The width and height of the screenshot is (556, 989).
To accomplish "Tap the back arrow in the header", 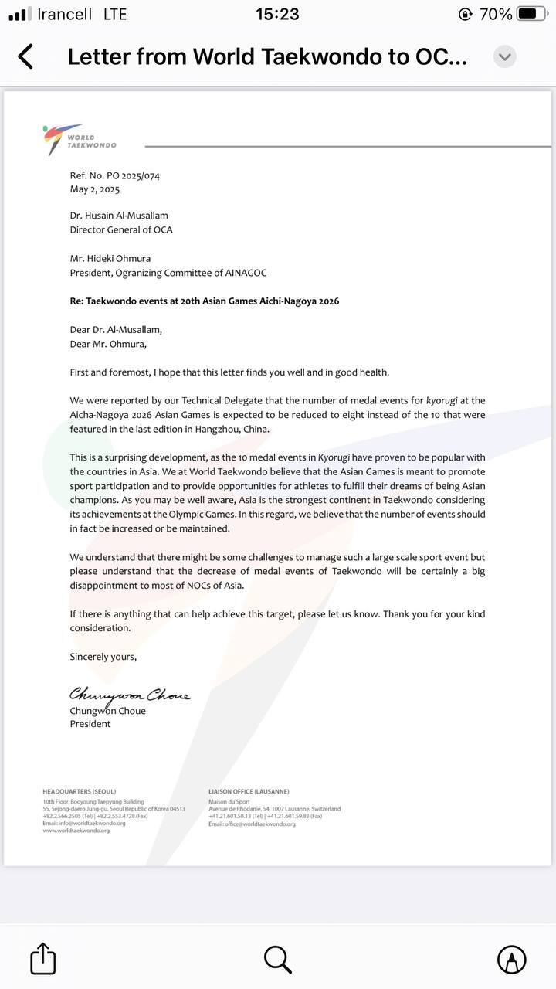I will pos(25,56).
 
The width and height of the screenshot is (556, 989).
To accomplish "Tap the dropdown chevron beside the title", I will pos(505,56).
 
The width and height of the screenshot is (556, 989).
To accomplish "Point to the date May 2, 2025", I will pos(95,189).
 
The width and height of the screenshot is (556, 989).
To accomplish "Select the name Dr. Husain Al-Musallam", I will pos(119,216).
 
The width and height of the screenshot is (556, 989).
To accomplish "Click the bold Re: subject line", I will pos(205,301).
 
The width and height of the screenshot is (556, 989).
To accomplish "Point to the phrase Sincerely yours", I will pos(103,657).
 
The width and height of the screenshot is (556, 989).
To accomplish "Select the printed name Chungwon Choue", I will pos(107,712).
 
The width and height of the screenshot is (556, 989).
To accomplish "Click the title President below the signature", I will pos(90,724).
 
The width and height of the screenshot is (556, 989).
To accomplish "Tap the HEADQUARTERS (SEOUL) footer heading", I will pos(78,792).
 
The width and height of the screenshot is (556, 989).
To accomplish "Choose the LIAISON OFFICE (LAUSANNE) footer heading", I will pos(249,792).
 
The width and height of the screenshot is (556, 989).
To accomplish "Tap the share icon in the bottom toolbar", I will pos(43,959).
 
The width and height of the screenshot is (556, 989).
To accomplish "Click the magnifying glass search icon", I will pos(277,959).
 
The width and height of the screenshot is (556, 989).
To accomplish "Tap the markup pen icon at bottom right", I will pos(511,959).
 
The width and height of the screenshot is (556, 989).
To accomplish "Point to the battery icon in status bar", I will pos(532,14).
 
